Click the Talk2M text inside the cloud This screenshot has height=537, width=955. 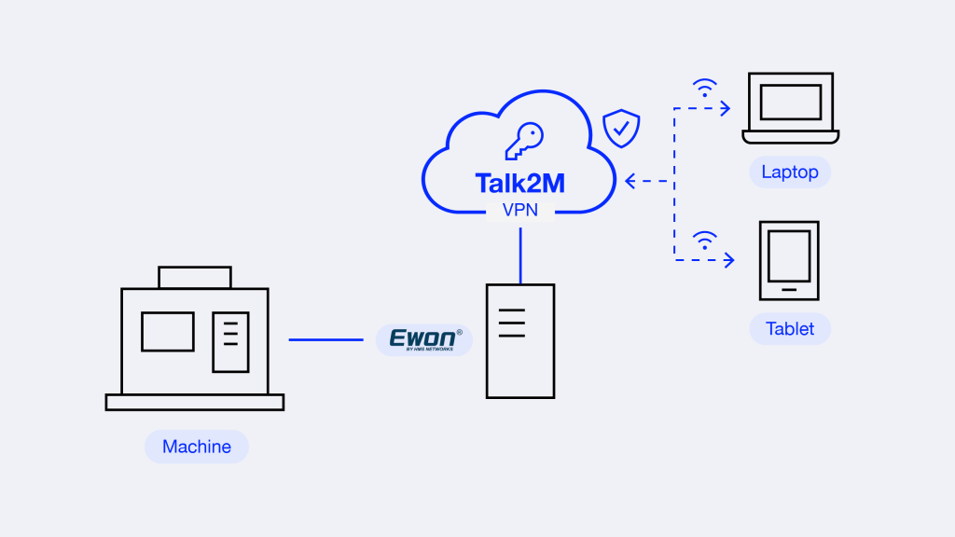[x=519, y=184]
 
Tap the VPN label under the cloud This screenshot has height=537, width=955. [x=520, y=210]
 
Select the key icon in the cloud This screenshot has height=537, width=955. [x=524, y=141]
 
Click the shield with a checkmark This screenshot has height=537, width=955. [x=621, y=129]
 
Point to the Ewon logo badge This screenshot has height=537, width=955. [x=424, y=339]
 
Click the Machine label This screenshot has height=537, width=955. [x=197, y=447]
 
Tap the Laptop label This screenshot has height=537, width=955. [x=790, y=172]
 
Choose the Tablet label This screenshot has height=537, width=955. [x=790, y=329]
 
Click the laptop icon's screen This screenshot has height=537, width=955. [x=791, y=102]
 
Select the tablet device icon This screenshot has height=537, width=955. [x=789, y=261]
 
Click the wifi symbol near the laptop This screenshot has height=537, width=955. [x=705, y=89]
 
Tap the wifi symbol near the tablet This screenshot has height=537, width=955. [x=705, y=241]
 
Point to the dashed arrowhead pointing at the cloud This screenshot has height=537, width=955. [x=630, y=181]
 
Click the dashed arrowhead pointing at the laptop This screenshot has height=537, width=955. [x=726, y=108]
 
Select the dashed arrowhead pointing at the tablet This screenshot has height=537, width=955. [x=729, y=261]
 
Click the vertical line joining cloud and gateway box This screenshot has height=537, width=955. [x=520, y=255]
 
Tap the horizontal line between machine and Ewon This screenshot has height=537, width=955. [x=325, y=339]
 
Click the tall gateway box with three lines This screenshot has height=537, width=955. [x=520, y=341]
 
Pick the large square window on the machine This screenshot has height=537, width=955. [x=168, y=332]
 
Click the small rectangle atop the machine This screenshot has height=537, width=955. [x=195, y=277]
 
